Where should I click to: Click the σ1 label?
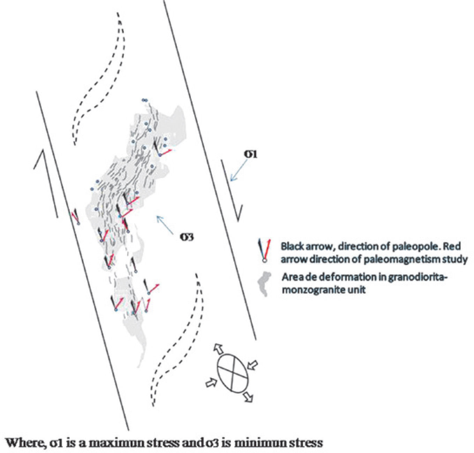[250, 154]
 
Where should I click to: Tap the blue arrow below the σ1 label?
[238, 172]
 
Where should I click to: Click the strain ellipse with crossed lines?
[233, 373]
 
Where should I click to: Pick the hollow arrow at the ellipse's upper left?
[219, 348]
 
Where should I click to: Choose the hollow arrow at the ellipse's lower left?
[211, 382]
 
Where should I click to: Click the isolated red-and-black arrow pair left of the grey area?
[76, 217]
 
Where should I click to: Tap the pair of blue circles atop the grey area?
[144, 100]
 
